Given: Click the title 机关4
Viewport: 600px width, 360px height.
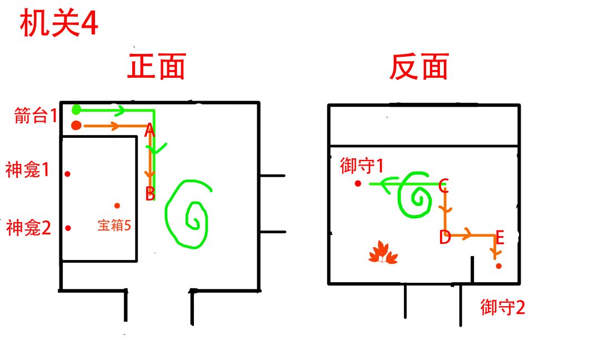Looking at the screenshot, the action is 59,23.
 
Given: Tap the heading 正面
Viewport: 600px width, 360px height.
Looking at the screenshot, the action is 157,66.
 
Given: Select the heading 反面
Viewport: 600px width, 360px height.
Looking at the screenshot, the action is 419,67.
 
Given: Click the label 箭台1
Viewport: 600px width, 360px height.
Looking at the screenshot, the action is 36,116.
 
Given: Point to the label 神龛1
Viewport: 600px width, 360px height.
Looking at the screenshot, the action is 27,169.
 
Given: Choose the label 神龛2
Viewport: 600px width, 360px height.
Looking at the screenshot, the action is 28,228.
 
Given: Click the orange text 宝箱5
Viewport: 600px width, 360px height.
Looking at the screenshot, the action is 114,226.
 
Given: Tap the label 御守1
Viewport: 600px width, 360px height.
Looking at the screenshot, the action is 362,166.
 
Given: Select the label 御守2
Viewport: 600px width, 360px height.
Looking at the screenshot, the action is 503,307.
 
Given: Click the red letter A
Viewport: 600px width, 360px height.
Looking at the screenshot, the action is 149,131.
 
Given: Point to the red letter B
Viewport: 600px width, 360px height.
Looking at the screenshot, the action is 150,194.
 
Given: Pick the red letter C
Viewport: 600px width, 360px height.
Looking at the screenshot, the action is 443,186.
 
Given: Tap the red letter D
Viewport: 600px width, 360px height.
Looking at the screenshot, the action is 444,237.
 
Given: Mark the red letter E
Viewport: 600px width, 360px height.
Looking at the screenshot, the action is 500,238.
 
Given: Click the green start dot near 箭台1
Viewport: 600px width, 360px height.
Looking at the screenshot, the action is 77,110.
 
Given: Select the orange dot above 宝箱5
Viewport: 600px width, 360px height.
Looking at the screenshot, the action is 117,206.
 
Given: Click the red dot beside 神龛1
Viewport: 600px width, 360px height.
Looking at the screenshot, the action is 67,174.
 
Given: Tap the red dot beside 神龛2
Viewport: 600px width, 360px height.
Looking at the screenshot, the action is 68,228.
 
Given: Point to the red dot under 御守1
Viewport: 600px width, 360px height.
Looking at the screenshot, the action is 358,184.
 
